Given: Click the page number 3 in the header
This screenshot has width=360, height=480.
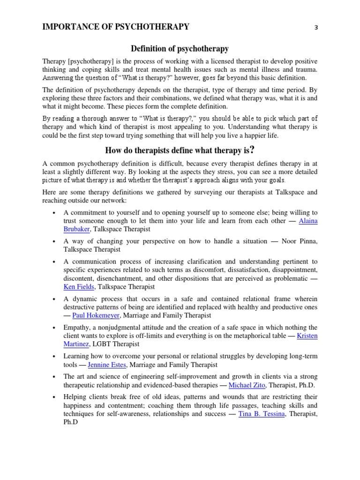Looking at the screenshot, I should click(x=316, y=27).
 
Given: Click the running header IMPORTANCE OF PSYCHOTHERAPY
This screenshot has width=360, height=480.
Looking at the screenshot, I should click(x=116, y=27).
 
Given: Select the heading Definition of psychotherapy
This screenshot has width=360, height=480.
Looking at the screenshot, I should click(x=180, y=48).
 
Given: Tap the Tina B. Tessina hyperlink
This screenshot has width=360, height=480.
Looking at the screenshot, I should click(x=262, y=414).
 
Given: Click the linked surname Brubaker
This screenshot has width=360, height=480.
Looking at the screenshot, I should click(x=76, y=229).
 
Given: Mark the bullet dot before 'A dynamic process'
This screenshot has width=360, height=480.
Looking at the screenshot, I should click(x=55, y=299).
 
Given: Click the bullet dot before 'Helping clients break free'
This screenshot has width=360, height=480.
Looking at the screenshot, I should click(x=55, y=397).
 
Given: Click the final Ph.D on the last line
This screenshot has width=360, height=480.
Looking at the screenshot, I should click(x=70, y=422).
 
